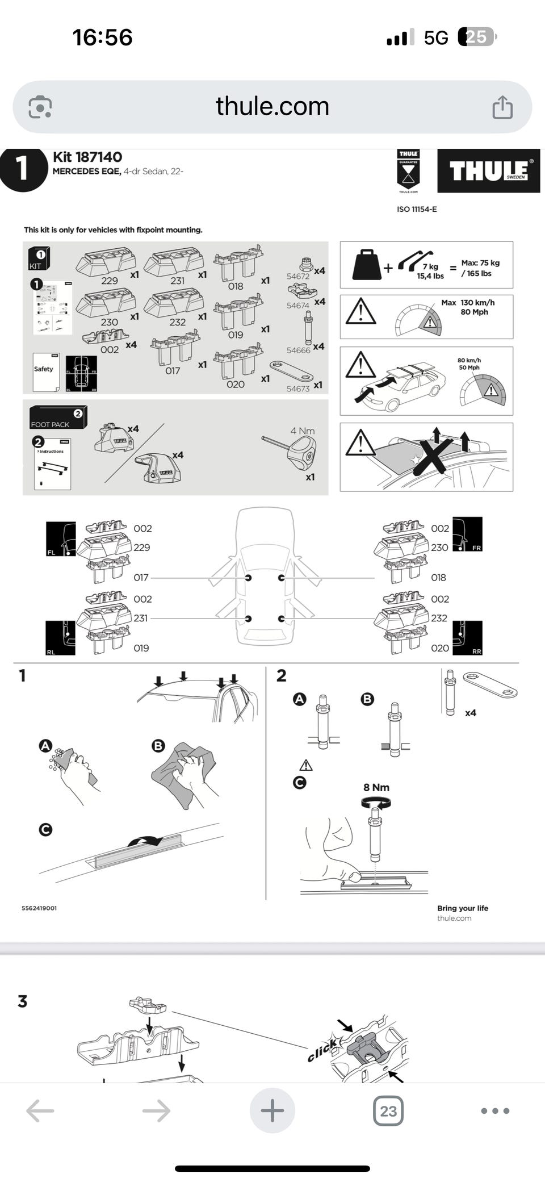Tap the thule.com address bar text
[x=272, y=106]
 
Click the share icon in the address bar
[x=502, y=107]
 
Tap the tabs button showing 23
[x=388, y=1110]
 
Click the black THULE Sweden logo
[x=488, y=171]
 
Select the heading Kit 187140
[x=87, y=157]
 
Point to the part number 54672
[x=297, y=277]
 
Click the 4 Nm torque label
[x=302, y=431]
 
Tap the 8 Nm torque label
[x=376, y=787]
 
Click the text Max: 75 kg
[x=480, y=263]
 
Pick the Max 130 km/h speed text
[x=468, y=303]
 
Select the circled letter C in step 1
[x=45, y=829]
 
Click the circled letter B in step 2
[x=367, y=699]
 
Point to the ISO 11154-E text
[x=417, y=209]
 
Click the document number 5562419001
[x=39, y=908]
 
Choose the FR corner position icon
[x=467, y=534]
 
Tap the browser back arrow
[x=40, y=1110]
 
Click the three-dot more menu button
[x=495, y=1110]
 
